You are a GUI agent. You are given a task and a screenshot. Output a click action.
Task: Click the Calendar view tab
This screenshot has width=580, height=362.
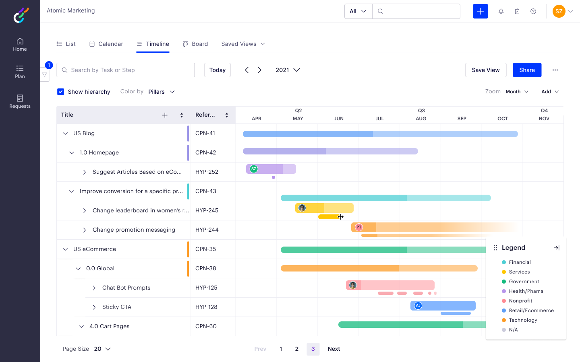(x=106, y=44)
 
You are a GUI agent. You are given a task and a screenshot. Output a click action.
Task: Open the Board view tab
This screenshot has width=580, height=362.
(x=195, y=44)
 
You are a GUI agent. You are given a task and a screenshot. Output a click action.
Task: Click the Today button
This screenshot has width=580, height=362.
(x=217, y=70)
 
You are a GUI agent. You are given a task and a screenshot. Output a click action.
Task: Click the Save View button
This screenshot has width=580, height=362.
(x=485, y=70)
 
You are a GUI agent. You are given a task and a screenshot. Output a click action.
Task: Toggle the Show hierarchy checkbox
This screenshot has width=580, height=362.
(x=61, y=92)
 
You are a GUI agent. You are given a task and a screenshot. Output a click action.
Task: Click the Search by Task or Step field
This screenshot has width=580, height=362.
(x=126, y=70)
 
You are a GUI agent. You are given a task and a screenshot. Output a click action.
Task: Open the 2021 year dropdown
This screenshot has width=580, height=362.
(x=288, y=70)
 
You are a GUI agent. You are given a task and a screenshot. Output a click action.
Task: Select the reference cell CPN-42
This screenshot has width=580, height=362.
(x=206, y=152)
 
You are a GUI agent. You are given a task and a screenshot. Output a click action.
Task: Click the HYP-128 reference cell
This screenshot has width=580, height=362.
(x=206, y=307)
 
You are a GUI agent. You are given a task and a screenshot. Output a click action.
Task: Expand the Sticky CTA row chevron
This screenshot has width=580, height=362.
(x=94, y=307)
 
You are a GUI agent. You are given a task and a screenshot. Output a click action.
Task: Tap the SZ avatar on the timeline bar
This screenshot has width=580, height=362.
(x=254, y=169)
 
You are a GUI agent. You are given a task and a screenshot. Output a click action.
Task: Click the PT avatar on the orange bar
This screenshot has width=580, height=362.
(x=359, y=227)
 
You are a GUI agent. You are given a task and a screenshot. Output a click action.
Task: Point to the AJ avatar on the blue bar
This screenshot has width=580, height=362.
(x=418, y=306)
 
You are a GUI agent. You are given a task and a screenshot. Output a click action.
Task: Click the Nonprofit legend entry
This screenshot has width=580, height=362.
(x=520, y=301)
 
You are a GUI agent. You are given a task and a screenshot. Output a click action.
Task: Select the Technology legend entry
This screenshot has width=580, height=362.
(x=523, y=320)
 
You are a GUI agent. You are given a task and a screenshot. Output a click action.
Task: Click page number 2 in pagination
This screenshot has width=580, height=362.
(x=297, y=349)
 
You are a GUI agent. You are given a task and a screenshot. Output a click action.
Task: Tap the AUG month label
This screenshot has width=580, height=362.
(x=421, y=119)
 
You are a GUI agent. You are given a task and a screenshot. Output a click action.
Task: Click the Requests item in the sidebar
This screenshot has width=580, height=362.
(x=20, y=101)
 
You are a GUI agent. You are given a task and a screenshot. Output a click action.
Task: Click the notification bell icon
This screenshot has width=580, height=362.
(x=501, y=11)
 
